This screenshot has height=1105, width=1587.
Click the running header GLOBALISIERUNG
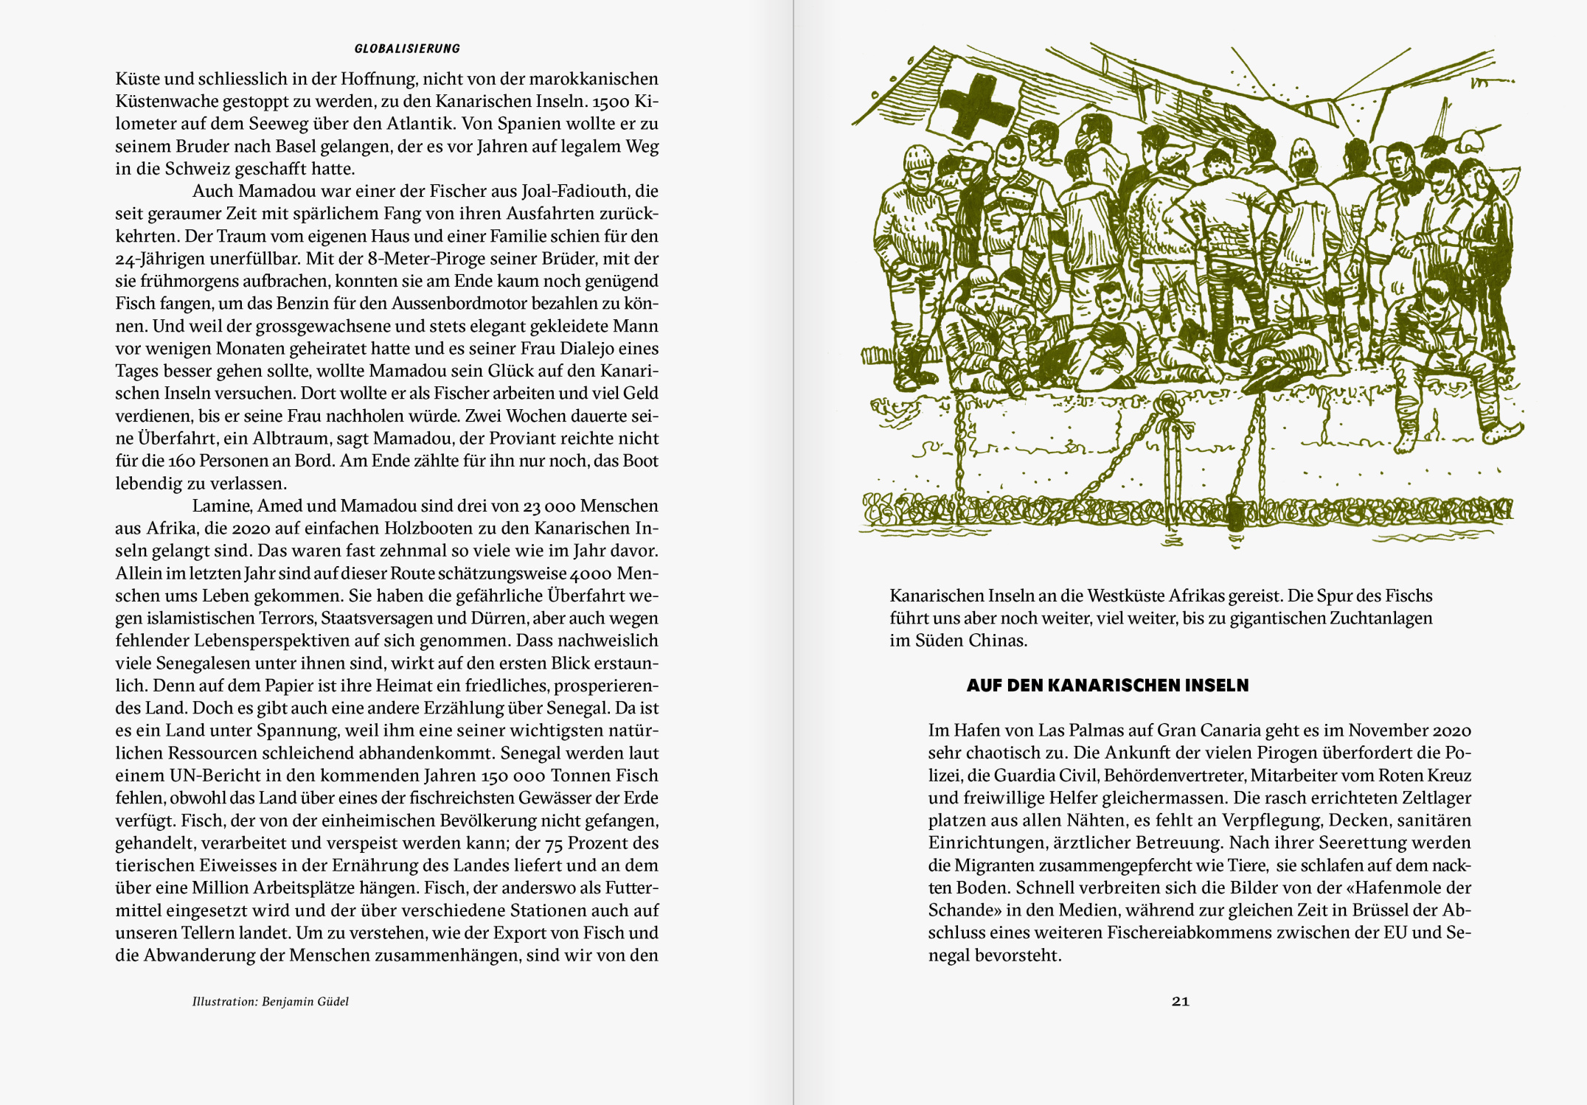pos(407,49)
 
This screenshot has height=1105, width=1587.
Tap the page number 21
pos(1180,1001)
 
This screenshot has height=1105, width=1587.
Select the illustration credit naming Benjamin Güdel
pos(270,1001)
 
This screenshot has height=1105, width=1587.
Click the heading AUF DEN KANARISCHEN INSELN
pos(1107,685)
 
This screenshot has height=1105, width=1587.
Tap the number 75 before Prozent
pos(554,843)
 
